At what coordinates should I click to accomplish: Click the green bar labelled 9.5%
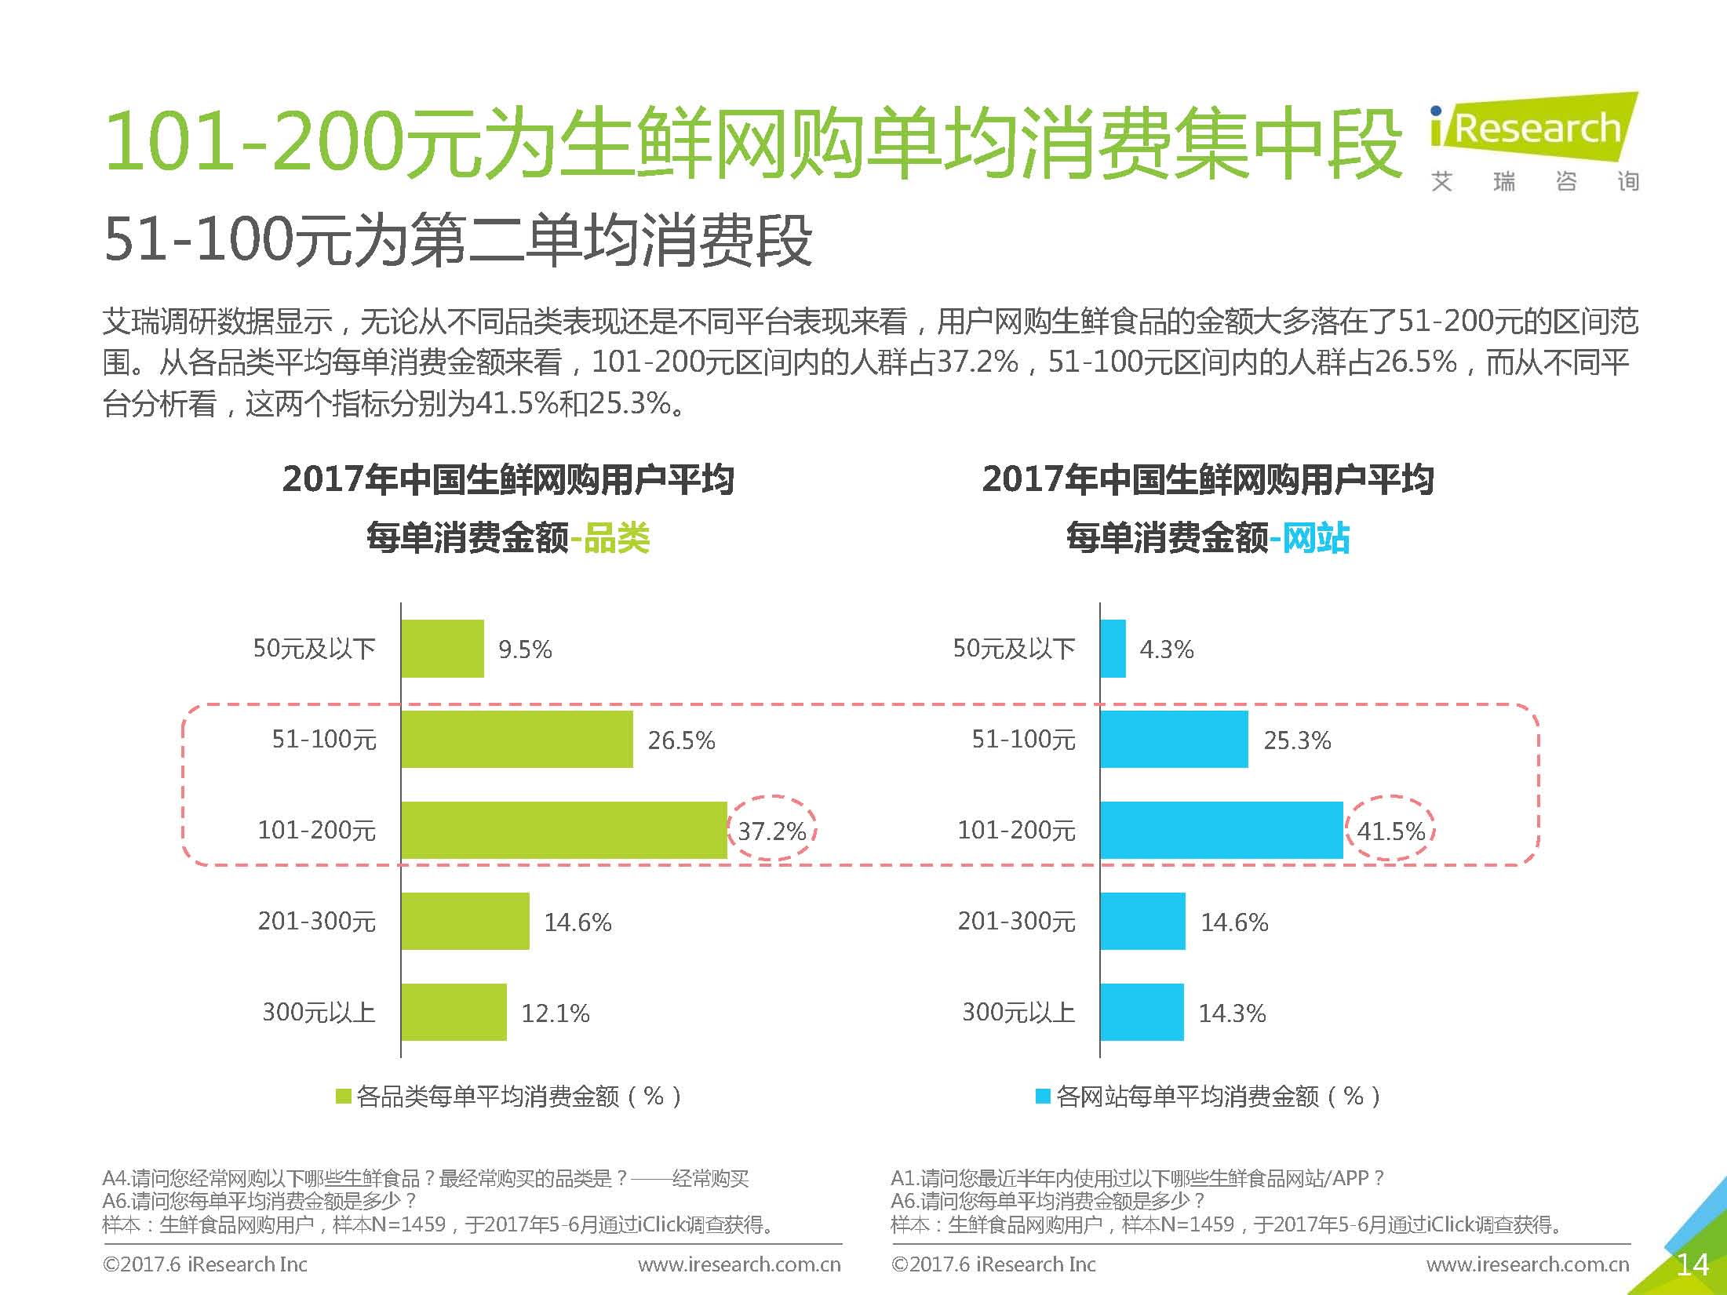coord(443,649)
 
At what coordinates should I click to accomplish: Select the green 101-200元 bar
coord(563,830)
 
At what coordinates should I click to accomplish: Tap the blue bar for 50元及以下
coord(1113,649)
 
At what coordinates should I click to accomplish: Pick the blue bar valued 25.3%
coord(1174,739)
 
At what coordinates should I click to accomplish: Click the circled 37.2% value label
coord(772,831)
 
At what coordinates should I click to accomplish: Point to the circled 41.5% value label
coord(1390,831)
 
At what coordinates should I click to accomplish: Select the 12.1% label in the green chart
coord(556,1013)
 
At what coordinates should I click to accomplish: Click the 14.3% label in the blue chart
coord(1232,1013)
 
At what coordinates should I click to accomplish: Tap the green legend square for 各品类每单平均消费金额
coord(343,1096)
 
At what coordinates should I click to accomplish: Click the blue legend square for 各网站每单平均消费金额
coord(1043,1096)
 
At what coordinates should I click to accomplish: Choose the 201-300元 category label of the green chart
coord(317,921)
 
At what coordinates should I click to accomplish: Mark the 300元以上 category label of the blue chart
coord(1018,1012)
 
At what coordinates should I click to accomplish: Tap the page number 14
coord(1692,1264)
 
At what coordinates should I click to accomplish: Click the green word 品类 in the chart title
coord(617,538)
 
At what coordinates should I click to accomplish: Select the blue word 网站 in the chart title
coord(1316,538)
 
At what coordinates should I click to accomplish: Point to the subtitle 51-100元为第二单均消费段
coord(457,239)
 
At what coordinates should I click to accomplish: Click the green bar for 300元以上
coord(454,1012)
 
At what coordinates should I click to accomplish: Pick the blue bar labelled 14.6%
coord(1142,921)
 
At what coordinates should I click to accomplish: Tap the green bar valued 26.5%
coord(516,739)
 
